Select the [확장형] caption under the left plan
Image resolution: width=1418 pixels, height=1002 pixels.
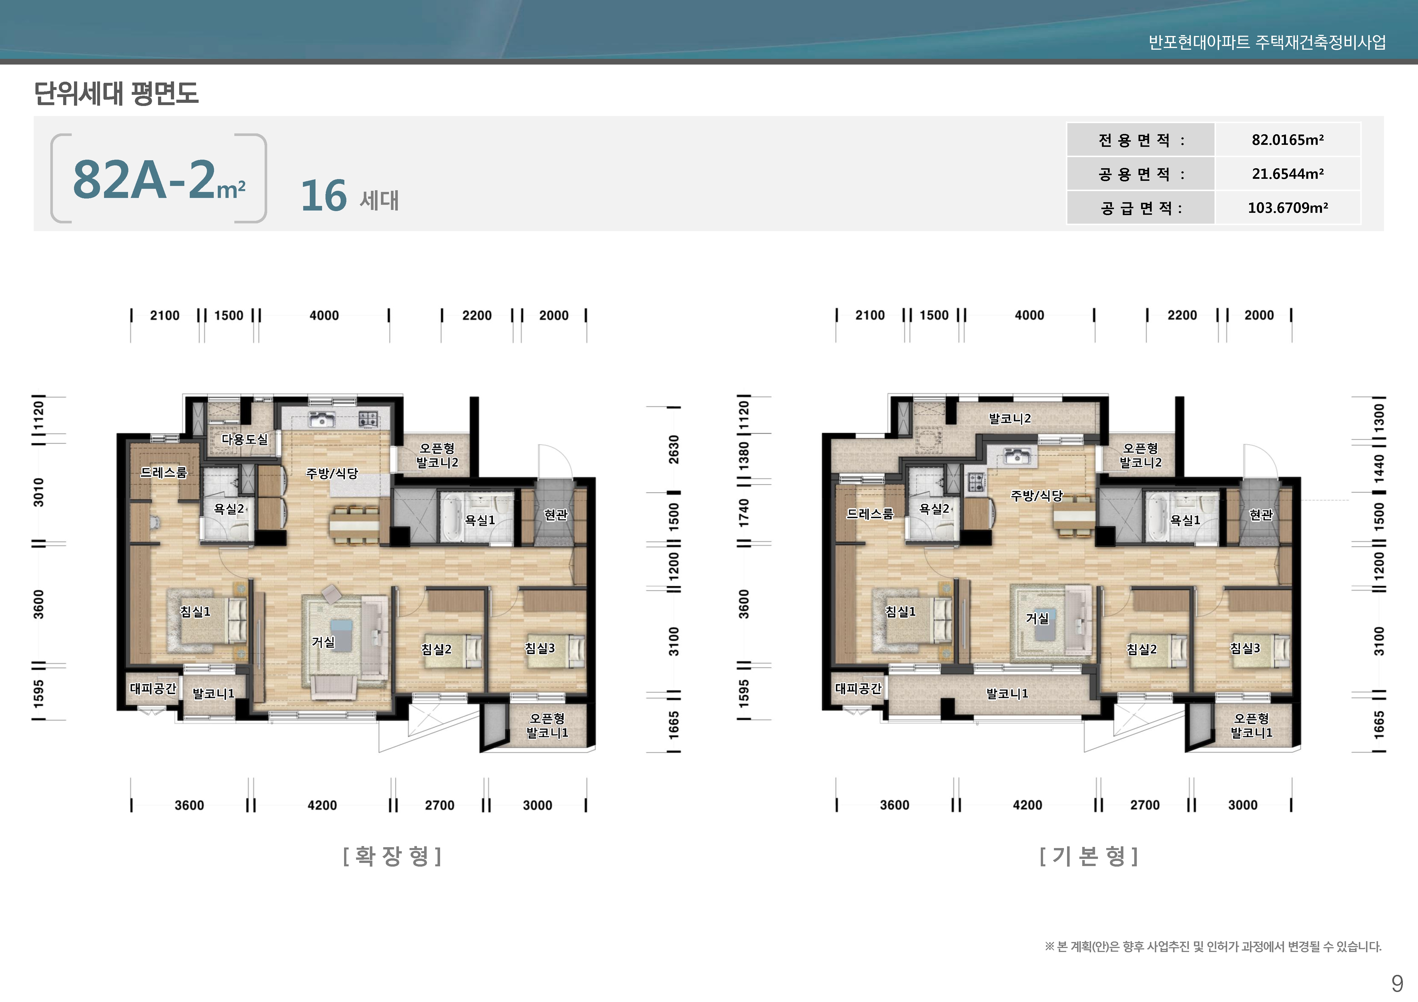(392, 856)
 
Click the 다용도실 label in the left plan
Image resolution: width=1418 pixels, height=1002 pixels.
(245, 439)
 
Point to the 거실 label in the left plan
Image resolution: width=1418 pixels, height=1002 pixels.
(323, 642)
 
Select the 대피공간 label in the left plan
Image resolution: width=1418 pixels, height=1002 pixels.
(153, 688)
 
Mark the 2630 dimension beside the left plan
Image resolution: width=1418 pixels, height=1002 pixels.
(674, 450)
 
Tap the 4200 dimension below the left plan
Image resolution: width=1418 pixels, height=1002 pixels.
(322, 805)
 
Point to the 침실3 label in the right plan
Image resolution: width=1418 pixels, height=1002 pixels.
(1245, 648)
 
